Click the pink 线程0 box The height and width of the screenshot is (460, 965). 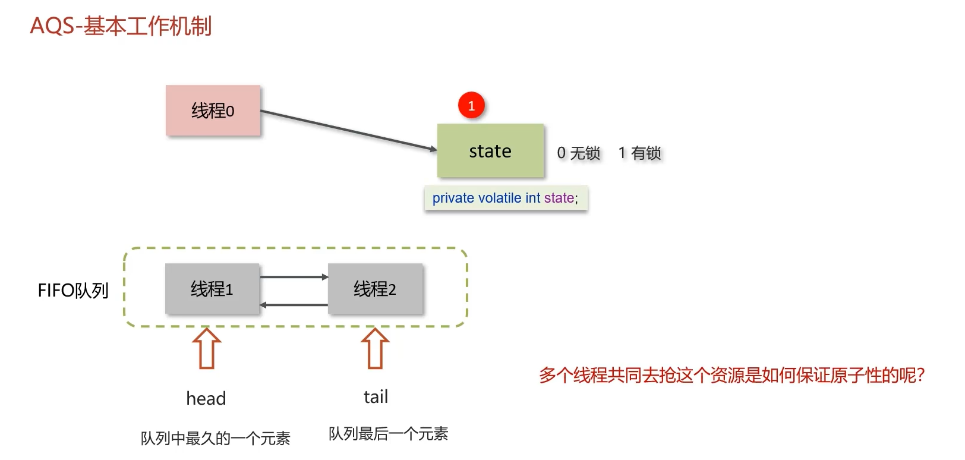[213, 111]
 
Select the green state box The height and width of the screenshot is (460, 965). [490, 151]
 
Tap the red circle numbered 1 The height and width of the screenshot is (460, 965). [471, 106]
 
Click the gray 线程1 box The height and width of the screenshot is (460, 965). [212, 289]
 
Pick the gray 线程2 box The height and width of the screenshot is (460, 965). [375, 289]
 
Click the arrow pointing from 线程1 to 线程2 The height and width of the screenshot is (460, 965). [294, 277]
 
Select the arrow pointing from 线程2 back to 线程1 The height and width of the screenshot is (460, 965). [294, 305]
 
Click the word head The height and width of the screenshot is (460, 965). [206, 398]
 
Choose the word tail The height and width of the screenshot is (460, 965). [376, 397]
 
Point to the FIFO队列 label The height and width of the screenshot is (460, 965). [73, 291]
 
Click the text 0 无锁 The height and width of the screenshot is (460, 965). [579, 153]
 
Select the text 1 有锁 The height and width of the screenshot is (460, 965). [640, 153]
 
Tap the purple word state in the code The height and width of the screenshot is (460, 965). [559, 198]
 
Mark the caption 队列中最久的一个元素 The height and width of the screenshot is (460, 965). [215, 439]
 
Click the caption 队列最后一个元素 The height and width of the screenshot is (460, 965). [389, 434]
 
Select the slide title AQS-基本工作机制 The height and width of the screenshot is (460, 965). [121, 26]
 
